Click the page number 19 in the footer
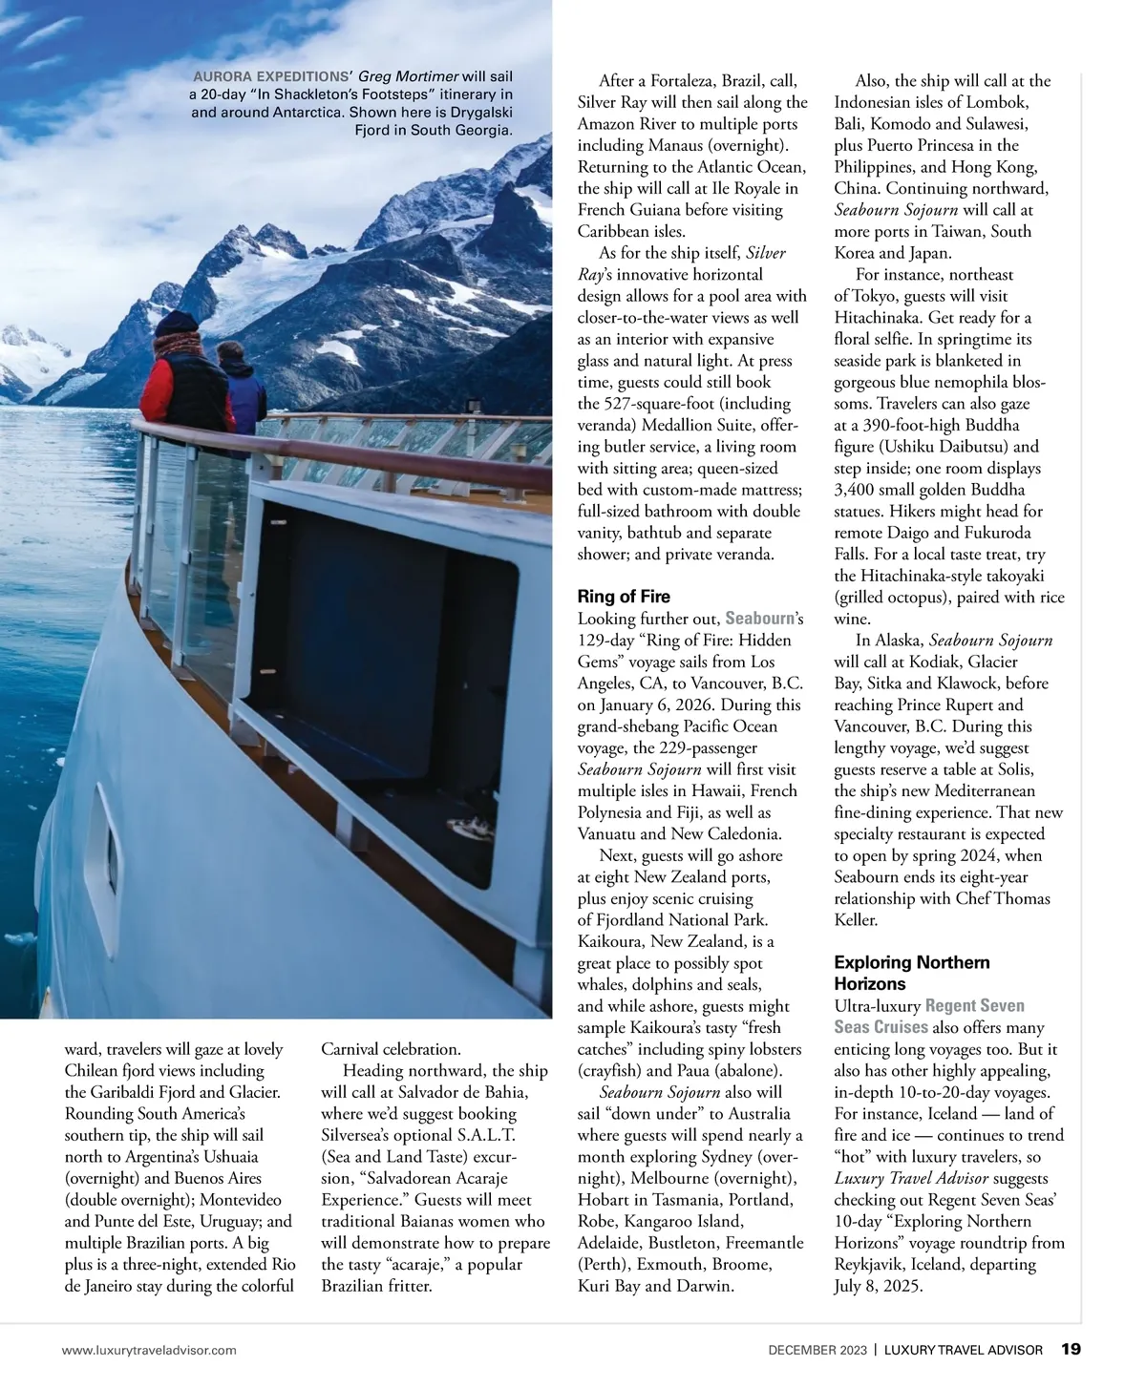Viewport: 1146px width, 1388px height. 1071,1349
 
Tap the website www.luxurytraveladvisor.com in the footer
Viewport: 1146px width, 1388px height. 149,1350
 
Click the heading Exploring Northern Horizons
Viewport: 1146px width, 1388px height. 911,973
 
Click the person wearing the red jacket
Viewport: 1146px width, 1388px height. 173,382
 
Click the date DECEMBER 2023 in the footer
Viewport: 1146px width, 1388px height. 818,1350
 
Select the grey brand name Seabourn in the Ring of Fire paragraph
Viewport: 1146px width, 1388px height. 760,619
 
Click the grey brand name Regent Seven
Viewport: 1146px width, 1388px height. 974,1005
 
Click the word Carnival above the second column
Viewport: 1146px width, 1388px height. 351,1049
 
